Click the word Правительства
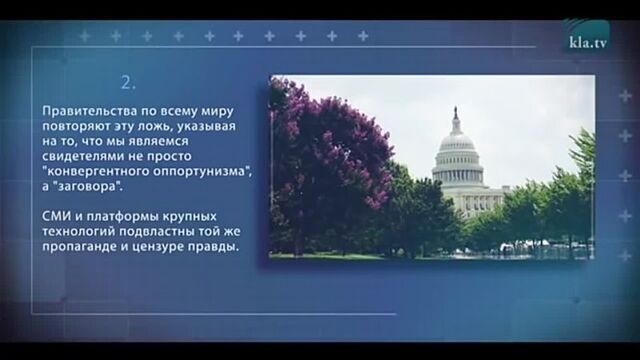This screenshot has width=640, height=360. point(87,112)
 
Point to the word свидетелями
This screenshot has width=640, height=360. point(82,157)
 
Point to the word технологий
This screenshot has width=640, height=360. point(79,232)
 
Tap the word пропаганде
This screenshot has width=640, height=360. point(81,247)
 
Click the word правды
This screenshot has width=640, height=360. point(218,247)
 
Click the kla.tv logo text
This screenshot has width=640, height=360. point(588,44)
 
